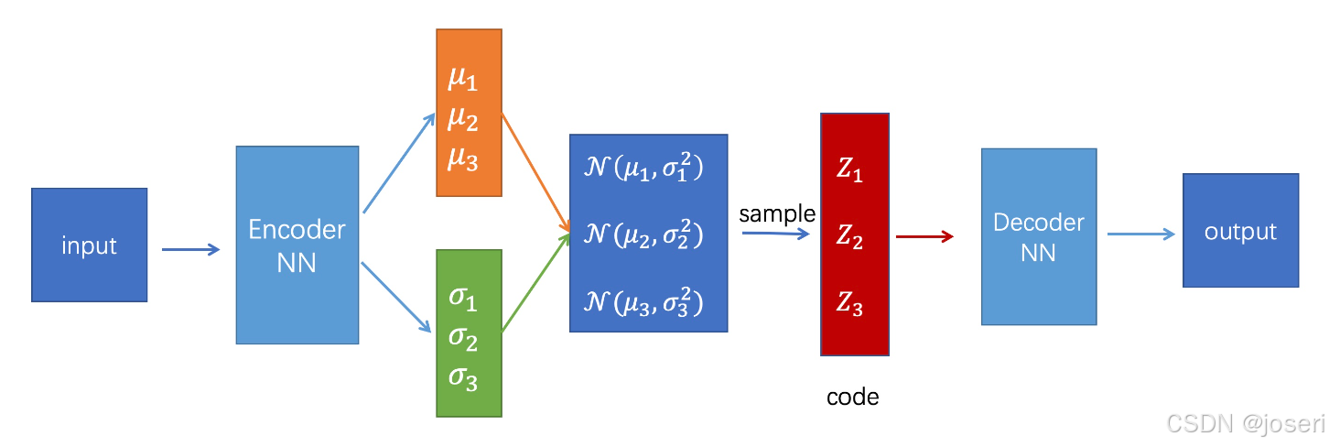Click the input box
coord(89,245)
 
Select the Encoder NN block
coord(297,245)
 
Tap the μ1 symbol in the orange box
coord(462,80)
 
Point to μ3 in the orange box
coord(462,158)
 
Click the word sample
coord(776,214)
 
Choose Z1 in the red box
coord(849,170)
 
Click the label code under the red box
coord(852,398)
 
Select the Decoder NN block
coord(1038,236)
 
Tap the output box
coord(1240,232)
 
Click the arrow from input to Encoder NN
coord(190,249)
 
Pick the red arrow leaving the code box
coord(924,237)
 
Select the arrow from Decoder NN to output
coord(1140,234)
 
